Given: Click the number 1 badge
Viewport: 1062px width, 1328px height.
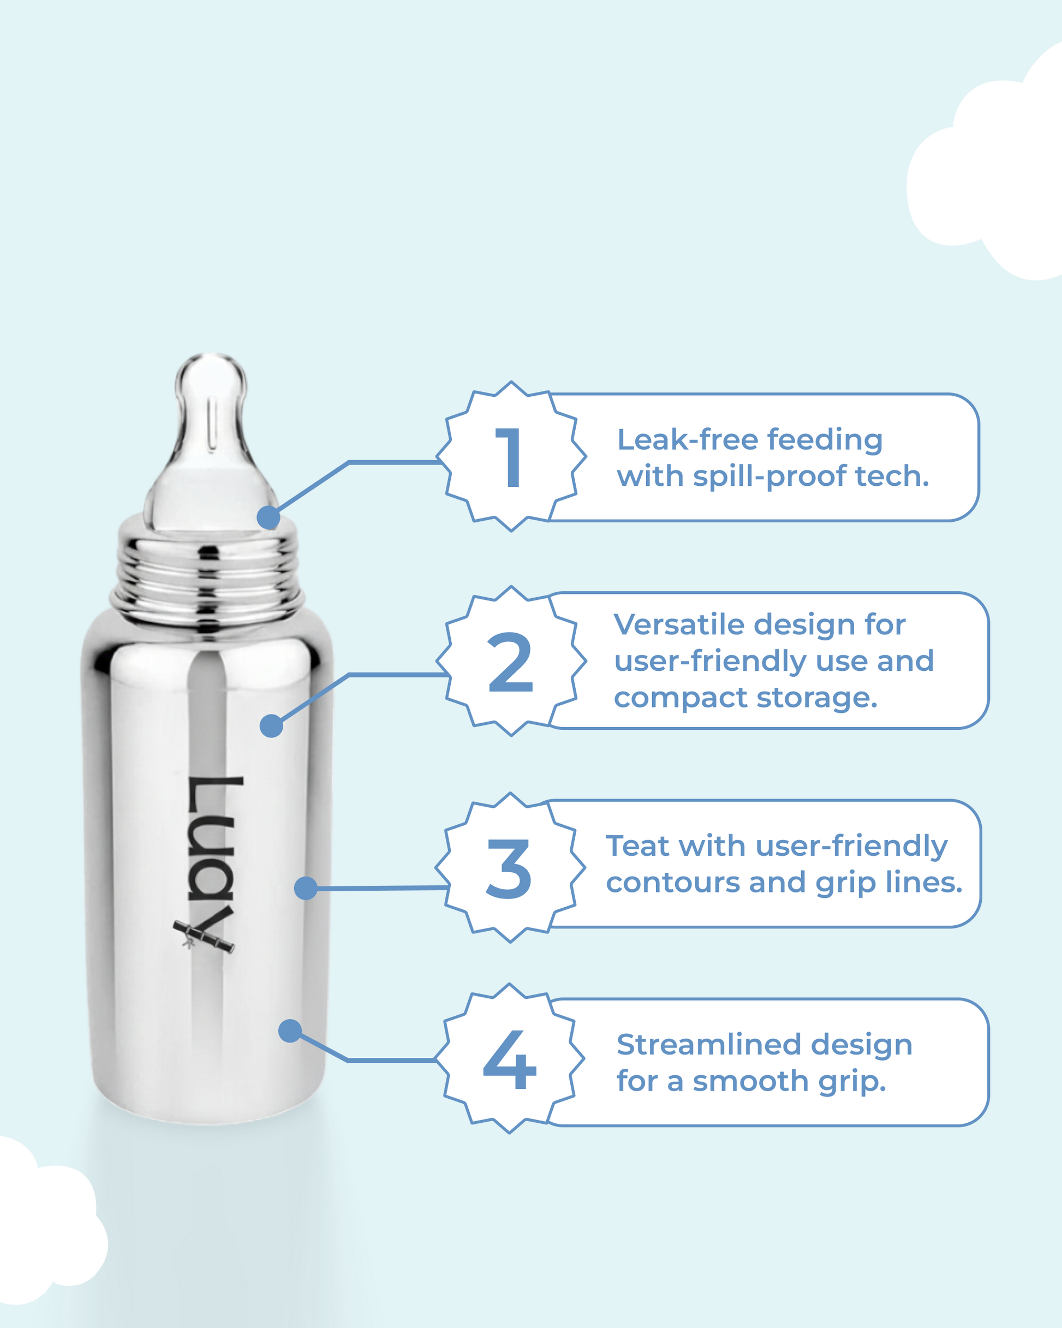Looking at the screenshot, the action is click(x=511, y=456).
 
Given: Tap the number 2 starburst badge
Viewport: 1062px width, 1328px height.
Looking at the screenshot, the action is click(x=511, y=661).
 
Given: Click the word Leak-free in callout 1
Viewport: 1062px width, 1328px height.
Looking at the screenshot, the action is click(x=688, y=440).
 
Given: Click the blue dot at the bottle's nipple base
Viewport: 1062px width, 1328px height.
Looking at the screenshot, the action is click(x=269, y=517).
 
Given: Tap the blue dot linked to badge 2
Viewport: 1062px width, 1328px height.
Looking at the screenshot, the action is click(x=272, y=725).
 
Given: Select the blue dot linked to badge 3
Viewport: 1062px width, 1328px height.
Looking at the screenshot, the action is click(x=306, y=888).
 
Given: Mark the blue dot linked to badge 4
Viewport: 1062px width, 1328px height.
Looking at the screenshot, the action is click(x=290, y=1031).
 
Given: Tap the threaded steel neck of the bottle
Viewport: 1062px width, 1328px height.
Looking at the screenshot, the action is click(x=206, y=576).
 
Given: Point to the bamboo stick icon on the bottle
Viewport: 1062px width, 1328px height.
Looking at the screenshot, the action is click(x=203, y=936).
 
